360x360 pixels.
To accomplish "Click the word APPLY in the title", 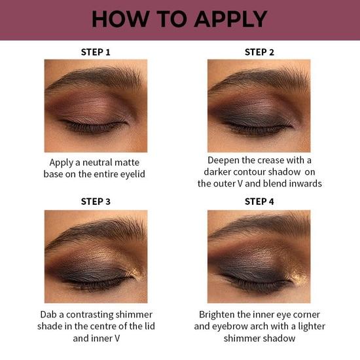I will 225,19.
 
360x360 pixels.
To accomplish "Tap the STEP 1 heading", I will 95,52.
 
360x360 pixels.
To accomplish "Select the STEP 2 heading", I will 259,52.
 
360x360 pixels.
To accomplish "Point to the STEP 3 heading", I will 95,202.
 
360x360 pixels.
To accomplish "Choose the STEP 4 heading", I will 259,202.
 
